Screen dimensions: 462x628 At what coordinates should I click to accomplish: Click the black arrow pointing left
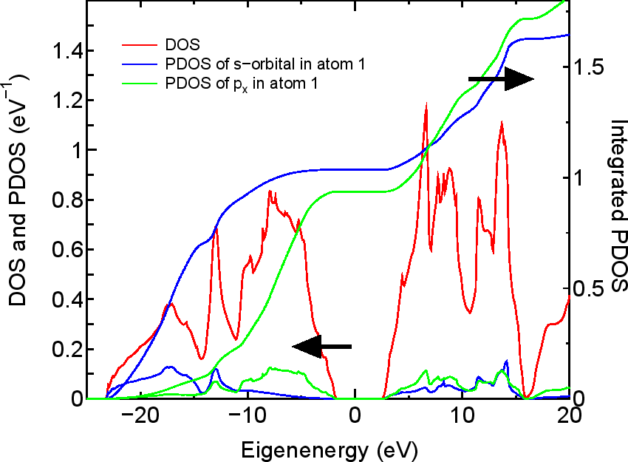pyautogui.click(x=322, y=346)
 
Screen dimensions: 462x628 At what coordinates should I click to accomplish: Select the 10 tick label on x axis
pyautogui.click(x=462, y=418)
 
